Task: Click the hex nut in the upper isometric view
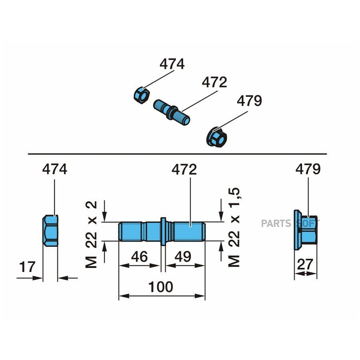(x=142, y=95)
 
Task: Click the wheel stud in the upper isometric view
(x=172, y=112)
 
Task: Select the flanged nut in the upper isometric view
(x=216, y=138)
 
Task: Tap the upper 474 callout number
(x=172, y=64)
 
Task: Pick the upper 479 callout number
(x=249, y=101)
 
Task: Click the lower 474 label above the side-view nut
(x=55, y=169)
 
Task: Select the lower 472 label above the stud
(x=184, y=170)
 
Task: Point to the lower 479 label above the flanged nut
(x=308, y=169)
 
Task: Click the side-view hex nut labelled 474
(x=50, y=231)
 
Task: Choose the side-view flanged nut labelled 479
(x=306, y=230)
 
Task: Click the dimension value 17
(x=27, y=267)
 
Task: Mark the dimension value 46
(x=139, y=256)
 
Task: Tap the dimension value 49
(x=183, y=256)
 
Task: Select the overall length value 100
(x=161, y=287)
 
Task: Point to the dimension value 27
(x=305, y=264)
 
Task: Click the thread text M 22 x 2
(x=91, y=234)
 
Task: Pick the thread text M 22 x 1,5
(x=234, y=227)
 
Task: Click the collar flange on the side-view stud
(x=163, y=231)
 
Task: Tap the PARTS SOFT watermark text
(x=290, y=223)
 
